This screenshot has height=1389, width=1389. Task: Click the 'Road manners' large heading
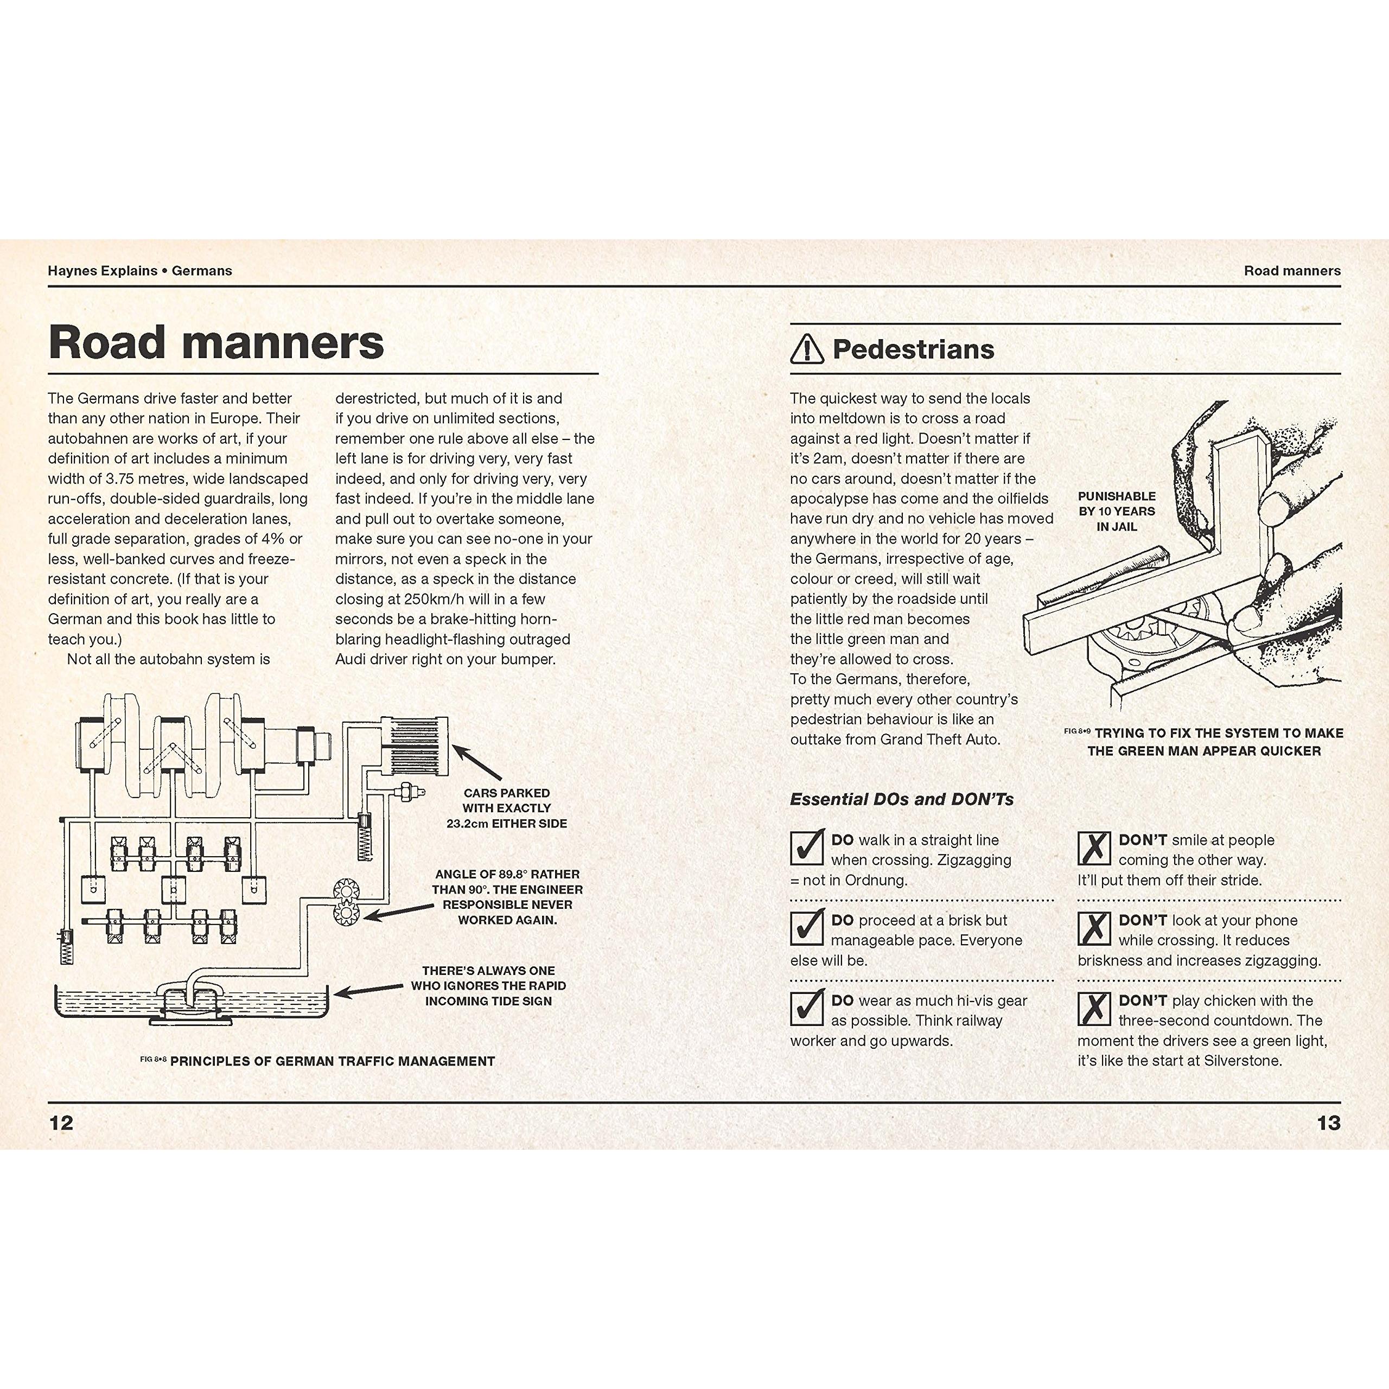[x=216, y=342]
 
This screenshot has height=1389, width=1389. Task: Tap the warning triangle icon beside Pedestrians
[x=807, y=349]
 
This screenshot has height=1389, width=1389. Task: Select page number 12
[x=61, y=1123]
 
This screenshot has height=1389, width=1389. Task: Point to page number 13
[x=1329, y=1123]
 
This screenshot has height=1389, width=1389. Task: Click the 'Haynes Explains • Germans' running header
[x=140, y=271]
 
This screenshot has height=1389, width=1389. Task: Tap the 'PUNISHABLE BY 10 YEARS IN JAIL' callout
[x=1117, y=511]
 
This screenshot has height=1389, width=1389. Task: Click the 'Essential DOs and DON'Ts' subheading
[x=902, y=799]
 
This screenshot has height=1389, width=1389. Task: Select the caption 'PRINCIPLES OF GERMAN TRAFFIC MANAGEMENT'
[x=332, y=1061]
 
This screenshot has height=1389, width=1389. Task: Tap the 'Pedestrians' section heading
[x=913, y=349]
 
